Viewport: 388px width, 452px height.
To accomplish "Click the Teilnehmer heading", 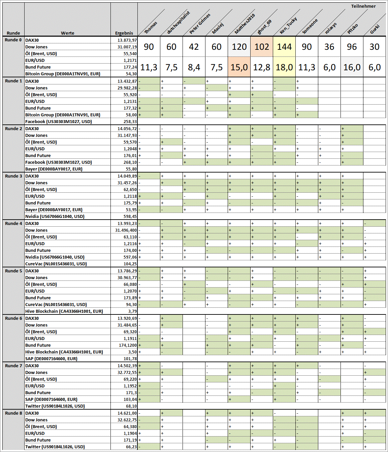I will (x=363, y=6).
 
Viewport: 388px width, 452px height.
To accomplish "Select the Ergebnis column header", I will (x=124, y=33).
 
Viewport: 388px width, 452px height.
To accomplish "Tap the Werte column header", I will (x=67, y=33).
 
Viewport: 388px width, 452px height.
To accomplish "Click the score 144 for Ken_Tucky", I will (x=284, y=47).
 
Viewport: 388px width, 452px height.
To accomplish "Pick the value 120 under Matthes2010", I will (x=239, y=47).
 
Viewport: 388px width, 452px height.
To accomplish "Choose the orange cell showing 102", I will (x=262, y=47).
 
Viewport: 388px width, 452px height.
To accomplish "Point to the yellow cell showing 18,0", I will (x=284, y=67).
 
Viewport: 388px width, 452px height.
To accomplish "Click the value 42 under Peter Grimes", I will (x=194, y=47).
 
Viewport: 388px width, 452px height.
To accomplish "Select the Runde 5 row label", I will (x=13, y=271).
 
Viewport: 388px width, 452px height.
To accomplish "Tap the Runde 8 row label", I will (x=13, y=413).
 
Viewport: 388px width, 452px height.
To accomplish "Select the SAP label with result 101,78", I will (x=51, y=359).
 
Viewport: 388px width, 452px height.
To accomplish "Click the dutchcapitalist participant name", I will (x=179, y=23).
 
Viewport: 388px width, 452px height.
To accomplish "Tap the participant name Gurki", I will (x=375, y=29).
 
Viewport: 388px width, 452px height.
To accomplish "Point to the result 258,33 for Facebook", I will (x=130, y=122).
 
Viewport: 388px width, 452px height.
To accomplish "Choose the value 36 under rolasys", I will (x=329, y=47).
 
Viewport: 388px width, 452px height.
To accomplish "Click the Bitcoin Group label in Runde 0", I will (x=63, y=74).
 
